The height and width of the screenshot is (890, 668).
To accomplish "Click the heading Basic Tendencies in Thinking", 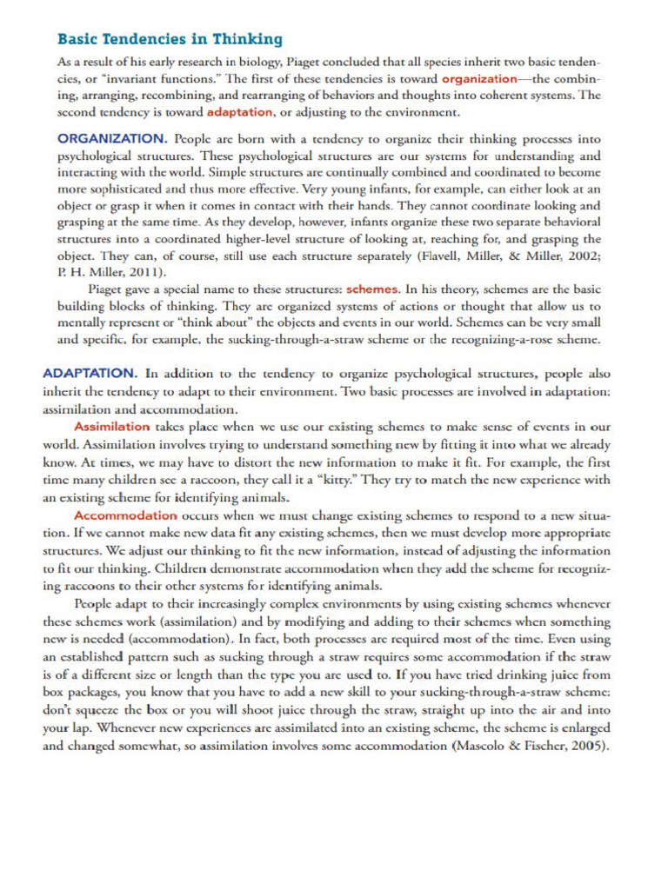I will click(170, 39).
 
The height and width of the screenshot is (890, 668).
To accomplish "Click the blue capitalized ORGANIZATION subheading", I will click(112, 138).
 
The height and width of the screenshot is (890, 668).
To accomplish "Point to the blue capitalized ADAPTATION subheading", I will click(90, 373).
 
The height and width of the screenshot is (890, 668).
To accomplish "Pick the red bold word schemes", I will click(373, 289).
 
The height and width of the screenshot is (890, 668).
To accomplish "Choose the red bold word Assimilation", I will click(112, 427).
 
